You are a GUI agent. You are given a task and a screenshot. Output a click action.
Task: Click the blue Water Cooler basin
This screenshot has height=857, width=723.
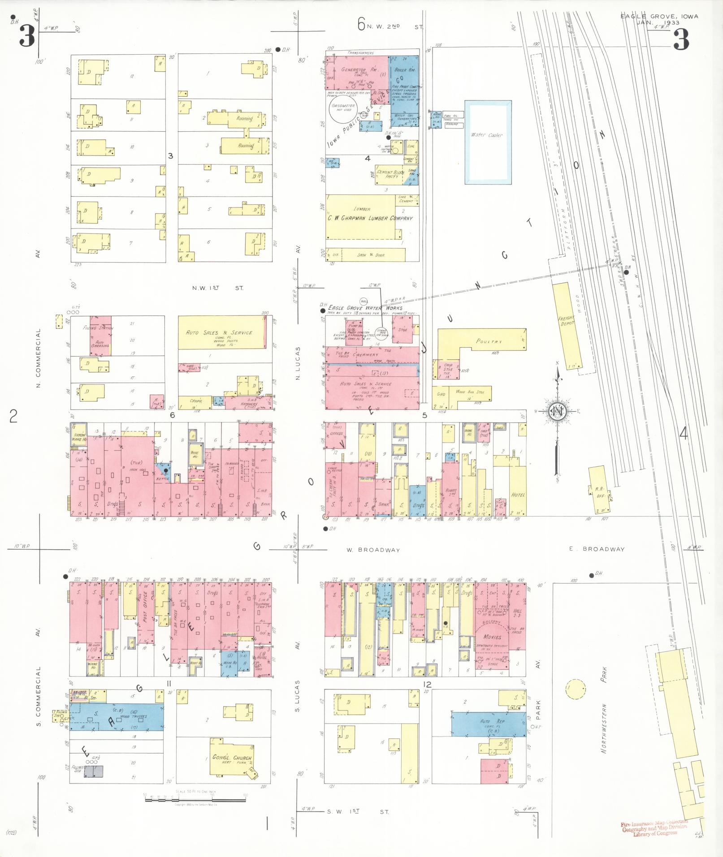click(x=488, y=142)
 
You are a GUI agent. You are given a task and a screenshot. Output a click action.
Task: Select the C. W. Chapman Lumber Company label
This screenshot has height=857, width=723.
click(x=370, y=218)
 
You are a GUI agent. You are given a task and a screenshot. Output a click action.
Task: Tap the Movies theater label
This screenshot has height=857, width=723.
click(x=492, y=637)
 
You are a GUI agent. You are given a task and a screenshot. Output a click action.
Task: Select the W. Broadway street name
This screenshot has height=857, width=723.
click(x=372, y=550)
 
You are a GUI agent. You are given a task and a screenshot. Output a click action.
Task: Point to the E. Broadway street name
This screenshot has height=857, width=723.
click(x=597, y=549)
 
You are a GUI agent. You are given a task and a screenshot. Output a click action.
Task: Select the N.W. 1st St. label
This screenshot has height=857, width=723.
click(x=218, y=288)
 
